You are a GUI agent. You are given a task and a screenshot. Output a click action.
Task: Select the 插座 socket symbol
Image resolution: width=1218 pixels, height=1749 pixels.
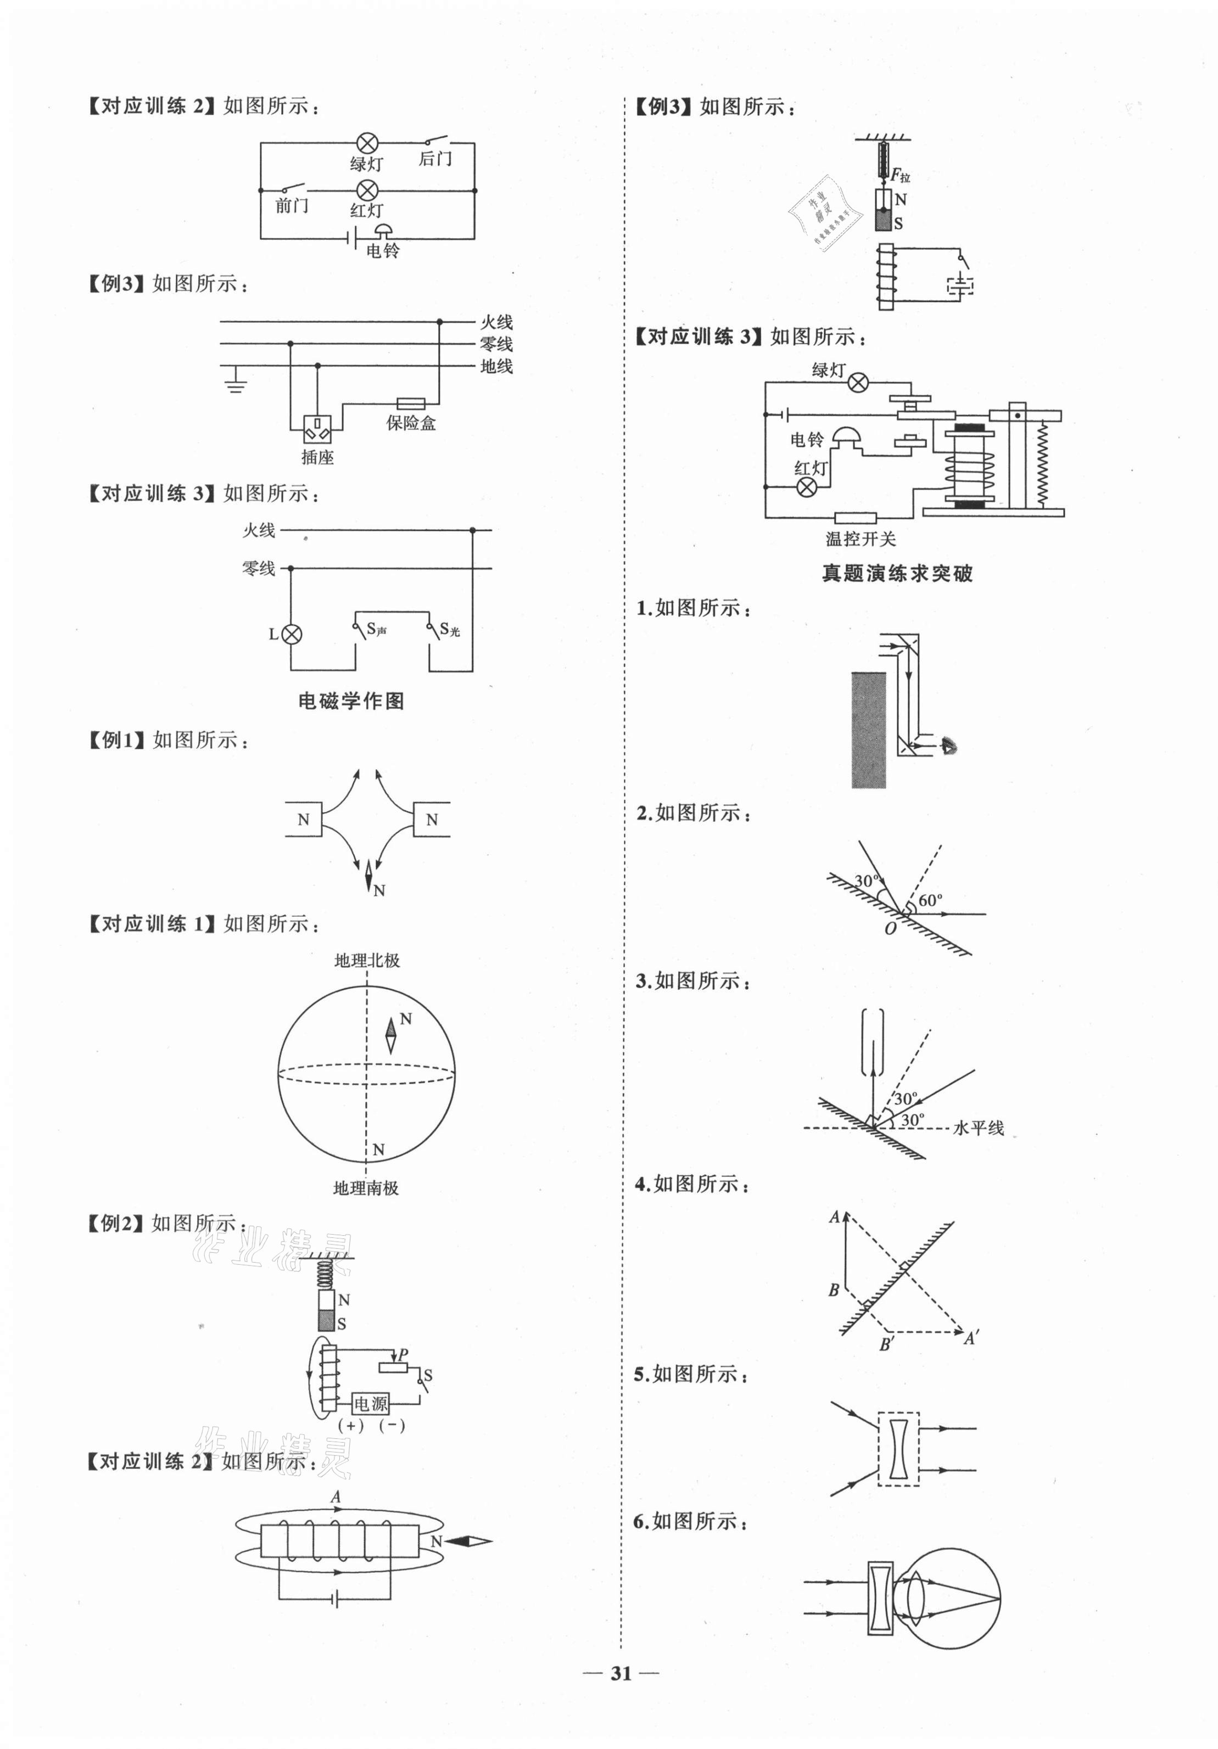click(317, 430)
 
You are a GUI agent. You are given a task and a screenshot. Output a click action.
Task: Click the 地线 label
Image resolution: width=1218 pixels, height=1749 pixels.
click(496, 366)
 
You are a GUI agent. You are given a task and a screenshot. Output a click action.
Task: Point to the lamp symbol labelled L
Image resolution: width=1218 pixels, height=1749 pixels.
click(292, 634)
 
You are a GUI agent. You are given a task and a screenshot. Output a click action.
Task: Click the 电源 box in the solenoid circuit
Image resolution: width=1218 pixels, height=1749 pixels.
click(371, 1403)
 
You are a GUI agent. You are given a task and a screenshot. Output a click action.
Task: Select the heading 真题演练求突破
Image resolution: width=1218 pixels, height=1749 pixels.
click(896, 573)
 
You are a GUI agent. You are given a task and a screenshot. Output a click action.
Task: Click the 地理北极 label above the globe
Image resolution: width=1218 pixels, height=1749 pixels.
click(367, 961)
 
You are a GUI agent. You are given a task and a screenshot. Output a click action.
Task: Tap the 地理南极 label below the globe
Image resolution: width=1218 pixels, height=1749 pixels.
click(366, 1187)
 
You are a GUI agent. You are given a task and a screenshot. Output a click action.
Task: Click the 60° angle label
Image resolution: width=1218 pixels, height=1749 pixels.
click(930, 900)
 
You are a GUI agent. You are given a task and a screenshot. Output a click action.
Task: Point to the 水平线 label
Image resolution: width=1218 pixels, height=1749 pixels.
click(978, 1128)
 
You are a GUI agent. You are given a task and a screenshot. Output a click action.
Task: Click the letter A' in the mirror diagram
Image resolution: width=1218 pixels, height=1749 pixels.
click(971, 1338)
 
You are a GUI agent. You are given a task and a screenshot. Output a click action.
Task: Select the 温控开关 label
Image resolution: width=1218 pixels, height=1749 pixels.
click(861, 539)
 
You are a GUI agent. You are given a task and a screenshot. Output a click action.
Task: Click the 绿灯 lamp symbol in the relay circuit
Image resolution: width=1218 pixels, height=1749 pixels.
click(858, 383)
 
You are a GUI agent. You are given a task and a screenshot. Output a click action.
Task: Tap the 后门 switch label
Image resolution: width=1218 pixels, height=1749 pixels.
click(435, 159)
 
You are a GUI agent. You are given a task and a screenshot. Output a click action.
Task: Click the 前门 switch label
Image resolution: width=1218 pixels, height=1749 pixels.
click(292, 206)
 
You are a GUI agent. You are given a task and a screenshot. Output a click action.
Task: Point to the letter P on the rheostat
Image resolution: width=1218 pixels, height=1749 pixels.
click(403, 1354)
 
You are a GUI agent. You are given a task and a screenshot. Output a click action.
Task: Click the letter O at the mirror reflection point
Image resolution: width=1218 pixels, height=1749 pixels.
click(890, 929)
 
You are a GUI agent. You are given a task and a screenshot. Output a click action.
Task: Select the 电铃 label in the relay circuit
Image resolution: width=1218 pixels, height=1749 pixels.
click(806, 440)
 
